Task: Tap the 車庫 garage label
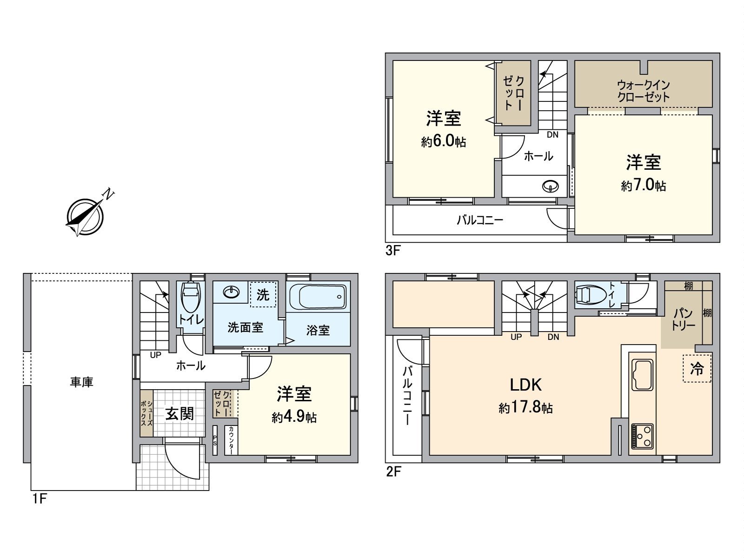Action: [81, 382]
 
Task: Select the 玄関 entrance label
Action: [179, 414]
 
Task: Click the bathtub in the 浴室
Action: [318, 297]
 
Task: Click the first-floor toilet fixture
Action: [192, 297]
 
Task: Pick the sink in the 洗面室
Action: [232, 292]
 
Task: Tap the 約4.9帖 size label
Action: [294, 417]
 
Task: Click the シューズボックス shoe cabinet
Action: [146, 413]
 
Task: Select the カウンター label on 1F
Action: [231, 440]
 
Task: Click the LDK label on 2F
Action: [526, 385]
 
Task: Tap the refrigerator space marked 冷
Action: [697, 369]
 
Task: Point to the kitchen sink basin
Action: [642, 375]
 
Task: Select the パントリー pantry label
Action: [683, 319]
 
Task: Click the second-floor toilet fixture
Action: [590, 294]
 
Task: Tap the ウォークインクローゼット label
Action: [644, 91]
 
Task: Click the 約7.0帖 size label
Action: [644, 186]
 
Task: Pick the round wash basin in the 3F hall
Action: [551, 186]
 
